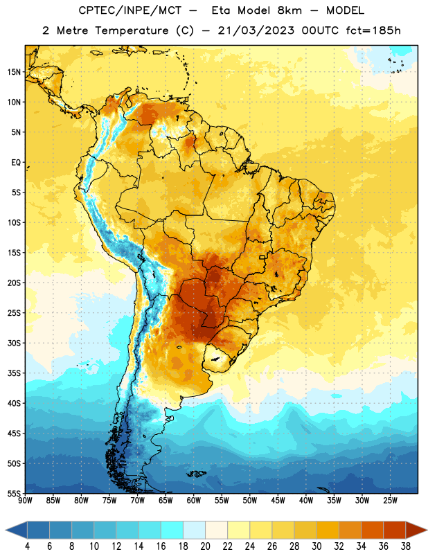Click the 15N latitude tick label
click(14, 72)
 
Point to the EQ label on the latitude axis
click(16, 163)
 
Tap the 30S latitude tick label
click(14, 343)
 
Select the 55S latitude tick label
click(14, 494)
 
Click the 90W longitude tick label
click(25, 501)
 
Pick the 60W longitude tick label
click(194, 501)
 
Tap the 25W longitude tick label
click(390, 501)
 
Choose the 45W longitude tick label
click(278, 501)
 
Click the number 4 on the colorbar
click(27, 546)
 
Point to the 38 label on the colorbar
click(406, 546)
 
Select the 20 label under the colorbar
click(205, 546)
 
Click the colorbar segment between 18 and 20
click(195, 530)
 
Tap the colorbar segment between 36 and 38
click(395, 530)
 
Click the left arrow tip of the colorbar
click(6, 530)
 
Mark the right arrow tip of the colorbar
click(427, 530)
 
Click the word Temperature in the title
click(132, 30)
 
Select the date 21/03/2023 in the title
click(256, 30)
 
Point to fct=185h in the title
click(373, 30)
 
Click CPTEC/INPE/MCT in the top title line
click(130, 10)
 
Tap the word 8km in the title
click(289, 10)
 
